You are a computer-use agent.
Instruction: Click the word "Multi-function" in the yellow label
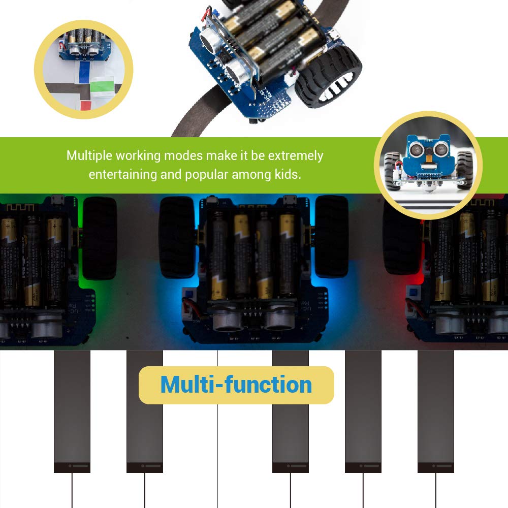tap(236, 385)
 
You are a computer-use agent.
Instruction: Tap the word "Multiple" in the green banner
tap(89, 156)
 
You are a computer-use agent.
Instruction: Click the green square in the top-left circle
tap(102, 86)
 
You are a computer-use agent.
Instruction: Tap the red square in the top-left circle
tap(86, 106)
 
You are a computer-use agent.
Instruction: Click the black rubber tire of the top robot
tap(328, 77)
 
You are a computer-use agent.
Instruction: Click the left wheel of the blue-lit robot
tap(177, 237)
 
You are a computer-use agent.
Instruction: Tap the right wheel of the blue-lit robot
tap(332, 237)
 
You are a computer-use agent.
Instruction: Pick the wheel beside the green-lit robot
tap(100, 238)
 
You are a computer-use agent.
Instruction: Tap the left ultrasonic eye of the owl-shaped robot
tap(415, 149)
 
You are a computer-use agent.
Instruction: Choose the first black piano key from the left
tap(72, 411)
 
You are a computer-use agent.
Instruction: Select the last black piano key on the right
tap(436, 411)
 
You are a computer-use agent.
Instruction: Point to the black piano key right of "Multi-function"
tap(363, 411)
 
